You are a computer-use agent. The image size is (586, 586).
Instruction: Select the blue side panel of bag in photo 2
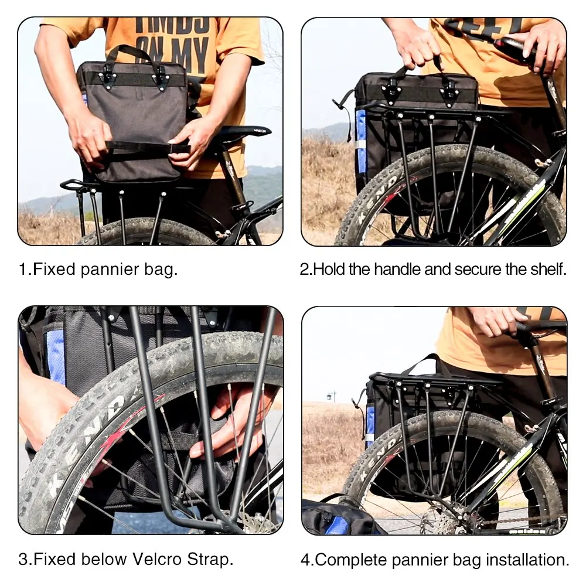(x=362, y=141)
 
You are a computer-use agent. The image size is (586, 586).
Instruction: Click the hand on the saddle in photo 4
(x=495, y=321)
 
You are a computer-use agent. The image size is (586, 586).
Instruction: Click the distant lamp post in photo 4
(x=333, y=396)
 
